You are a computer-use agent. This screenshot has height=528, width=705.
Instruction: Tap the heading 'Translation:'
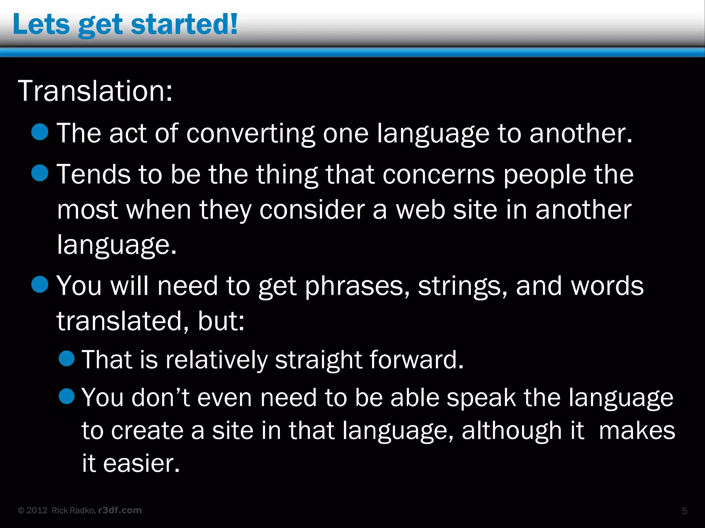(x=95, y=91)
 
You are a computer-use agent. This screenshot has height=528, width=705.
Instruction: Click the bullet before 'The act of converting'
(x=40, y=132)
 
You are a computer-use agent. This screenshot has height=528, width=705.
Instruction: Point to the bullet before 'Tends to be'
(x=40, y=173)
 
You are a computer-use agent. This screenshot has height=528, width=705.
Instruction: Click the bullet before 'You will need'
(x=40, y=284)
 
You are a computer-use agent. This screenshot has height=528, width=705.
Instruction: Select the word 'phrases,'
(x=357, y=286)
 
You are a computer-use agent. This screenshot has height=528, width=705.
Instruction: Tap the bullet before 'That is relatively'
(x=67, y=359)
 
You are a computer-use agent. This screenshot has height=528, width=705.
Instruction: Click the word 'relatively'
(x=216, y=360)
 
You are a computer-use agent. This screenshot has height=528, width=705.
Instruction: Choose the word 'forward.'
(x=417, y=360)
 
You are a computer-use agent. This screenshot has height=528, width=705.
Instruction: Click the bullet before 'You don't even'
(x=67, y=396)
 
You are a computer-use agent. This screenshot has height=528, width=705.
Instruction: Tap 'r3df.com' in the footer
(x=120, y=510)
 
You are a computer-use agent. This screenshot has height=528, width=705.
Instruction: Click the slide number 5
(x=684, y=511)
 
